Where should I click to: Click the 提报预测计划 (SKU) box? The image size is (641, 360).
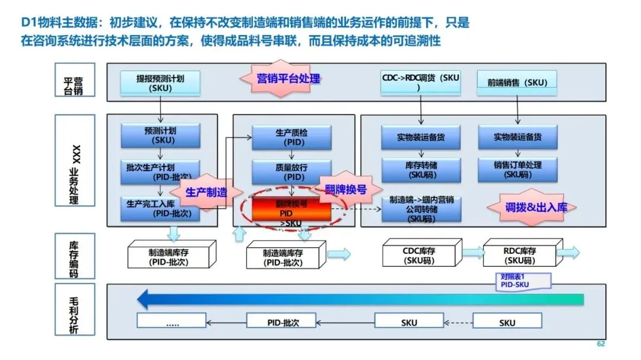click(x=160, y=83)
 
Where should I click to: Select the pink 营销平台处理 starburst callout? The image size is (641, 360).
click(x=288, y=78)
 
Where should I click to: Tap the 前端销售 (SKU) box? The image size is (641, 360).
click(x=517, y=83)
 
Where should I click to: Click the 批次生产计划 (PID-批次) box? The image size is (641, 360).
click(x=160, y=170)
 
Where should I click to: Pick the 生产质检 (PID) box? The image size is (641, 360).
click(x=291, y=137)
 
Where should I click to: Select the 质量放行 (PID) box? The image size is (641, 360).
click(x=291, y=172)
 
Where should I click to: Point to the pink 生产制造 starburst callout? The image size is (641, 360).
click(x=206, y=192)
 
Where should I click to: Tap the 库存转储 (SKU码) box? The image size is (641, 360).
click(x=421, y=170)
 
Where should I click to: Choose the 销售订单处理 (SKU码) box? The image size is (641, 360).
click(x=518, y=170)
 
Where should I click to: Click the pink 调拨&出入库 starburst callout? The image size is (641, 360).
click(x=528, y=207)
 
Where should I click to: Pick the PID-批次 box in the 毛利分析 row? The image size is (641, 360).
click(x=281, y=322)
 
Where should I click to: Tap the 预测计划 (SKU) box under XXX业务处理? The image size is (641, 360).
click(x=160, y=136)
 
